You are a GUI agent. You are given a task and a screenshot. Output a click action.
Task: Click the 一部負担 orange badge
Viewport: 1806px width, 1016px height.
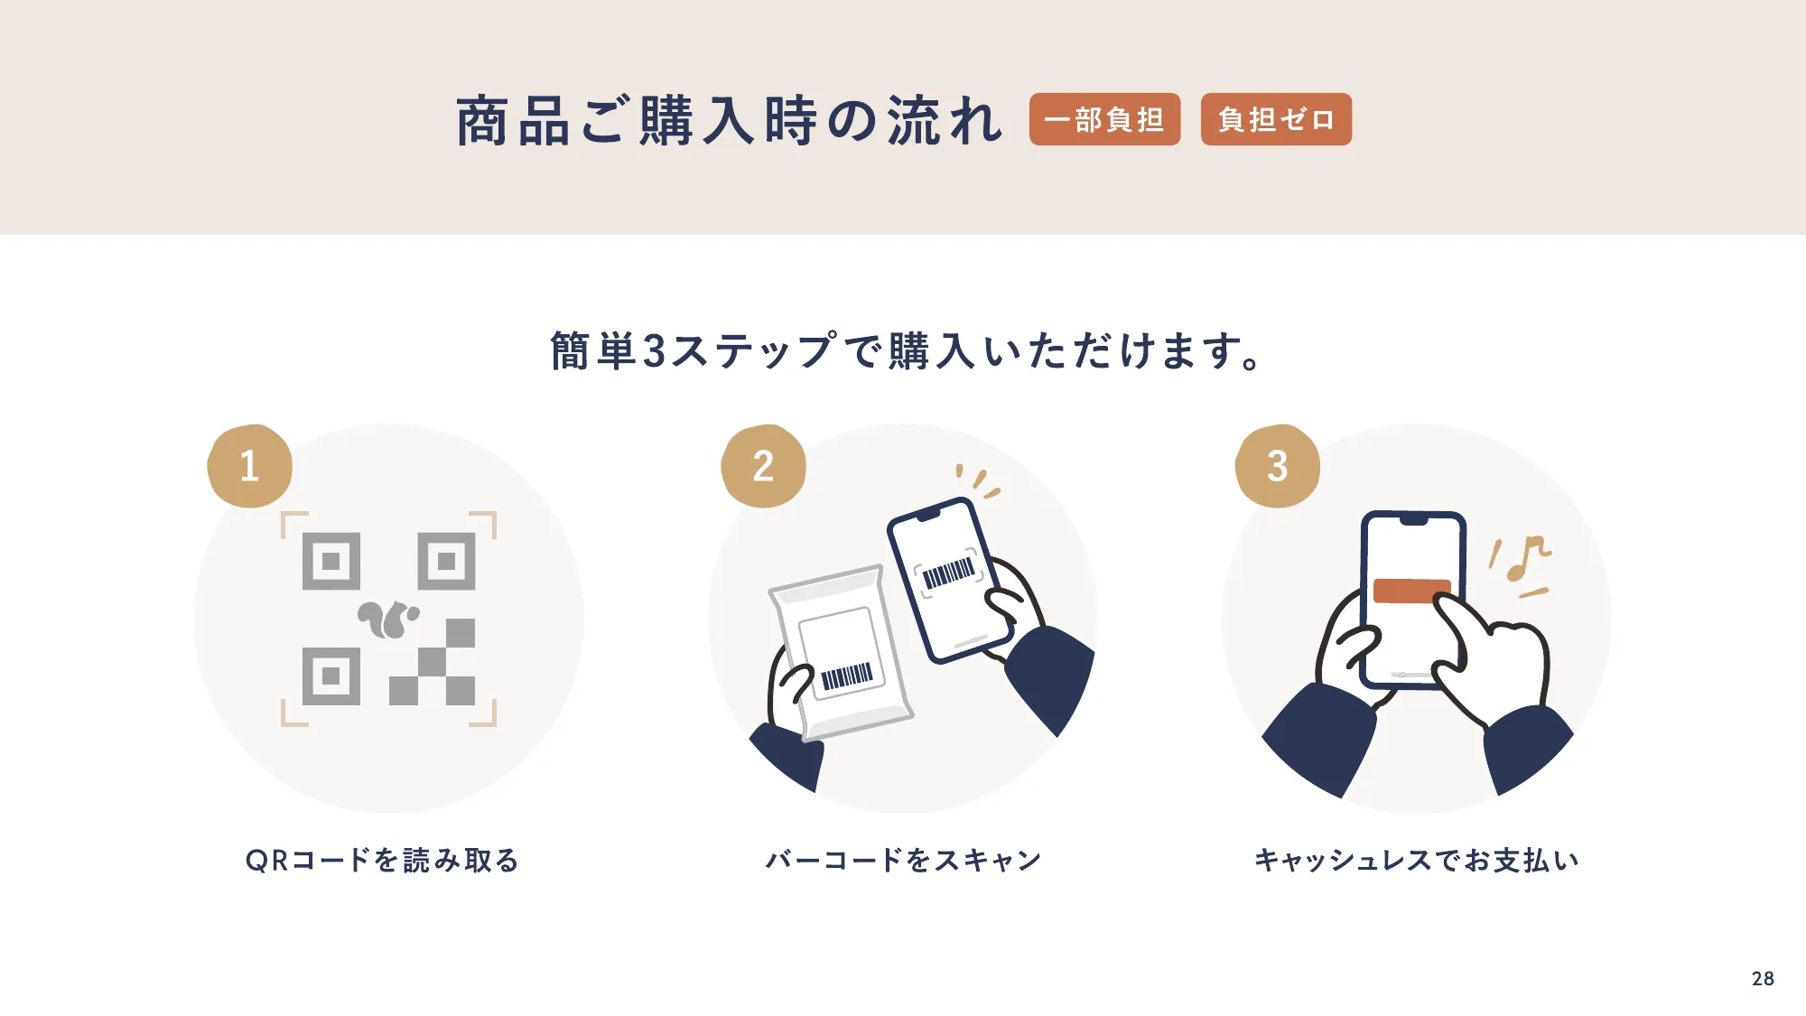[1104, 119]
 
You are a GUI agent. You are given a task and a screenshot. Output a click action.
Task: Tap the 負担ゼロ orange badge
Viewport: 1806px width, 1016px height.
[1275, 119]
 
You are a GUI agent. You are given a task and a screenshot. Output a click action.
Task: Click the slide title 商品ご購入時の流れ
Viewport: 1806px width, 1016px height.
[729, 121]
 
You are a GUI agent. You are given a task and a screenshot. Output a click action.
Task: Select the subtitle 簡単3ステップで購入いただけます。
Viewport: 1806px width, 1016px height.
[906, 350]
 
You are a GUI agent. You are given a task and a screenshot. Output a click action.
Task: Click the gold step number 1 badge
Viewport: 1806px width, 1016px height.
[250, 466]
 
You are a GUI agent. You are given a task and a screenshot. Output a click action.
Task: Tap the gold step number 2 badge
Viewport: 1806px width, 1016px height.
[764, 466]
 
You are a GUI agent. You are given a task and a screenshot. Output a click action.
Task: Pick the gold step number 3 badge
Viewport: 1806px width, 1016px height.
[1277, 466]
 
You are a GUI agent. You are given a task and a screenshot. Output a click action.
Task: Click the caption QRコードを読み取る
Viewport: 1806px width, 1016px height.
[383, 860]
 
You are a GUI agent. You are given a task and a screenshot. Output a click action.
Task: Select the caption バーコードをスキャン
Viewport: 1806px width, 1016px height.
[903, 860]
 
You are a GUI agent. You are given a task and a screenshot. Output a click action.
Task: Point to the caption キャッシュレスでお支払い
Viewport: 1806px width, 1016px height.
[1417, 860]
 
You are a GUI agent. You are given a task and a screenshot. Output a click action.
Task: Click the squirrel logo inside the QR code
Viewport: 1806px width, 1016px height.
[388, 620]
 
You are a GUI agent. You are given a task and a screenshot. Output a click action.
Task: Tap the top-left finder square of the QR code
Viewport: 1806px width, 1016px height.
[330, 562]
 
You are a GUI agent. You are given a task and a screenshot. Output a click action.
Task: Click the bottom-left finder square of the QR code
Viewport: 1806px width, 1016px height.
[330, 676]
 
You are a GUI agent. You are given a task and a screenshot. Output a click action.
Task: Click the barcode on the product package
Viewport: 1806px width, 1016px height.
[846, 676]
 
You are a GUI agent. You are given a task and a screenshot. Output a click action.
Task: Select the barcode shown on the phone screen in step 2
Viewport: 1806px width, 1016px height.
[948, 573]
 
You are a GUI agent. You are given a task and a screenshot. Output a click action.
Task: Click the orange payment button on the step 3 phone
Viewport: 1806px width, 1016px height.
[1410, 591]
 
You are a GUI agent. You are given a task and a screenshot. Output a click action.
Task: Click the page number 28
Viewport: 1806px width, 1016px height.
[1762, 979]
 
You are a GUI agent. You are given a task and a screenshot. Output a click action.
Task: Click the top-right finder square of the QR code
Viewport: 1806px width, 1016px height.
[446, 562]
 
